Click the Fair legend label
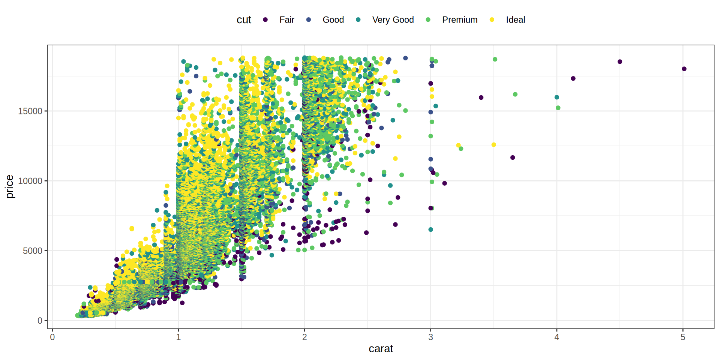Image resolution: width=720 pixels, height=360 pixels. [x=286, y=20]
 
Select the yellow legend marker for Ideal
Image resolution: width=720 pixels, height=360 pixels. [x=492, y=19]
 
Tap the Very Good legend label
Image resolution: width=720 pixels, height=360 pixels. [x=393, y=20]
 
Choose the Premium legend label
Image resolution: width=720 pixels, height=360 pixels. [x=459, y=20]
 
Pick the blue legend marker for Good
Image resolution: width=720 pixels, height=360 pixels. [x=309, y=19]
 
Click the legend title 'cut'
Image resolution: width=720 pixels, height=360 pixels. [x=244, y=20]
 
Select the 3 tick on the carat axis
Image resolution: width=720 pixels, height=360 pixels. [x=430, y=337]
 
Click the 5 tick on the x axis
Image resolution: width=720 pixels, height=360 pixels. [x=683, y=337]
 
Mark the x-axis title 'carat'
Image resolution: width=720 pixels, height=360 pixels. [x=381, y=349]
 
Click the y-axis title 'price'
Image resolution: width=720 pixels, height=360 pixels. [x=10, y=186]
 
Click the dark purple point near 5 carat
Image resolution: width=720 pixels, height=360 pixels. [x=684, y=69]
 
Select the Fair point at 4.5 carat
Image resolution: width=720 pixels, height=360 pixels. [x=620, y=62]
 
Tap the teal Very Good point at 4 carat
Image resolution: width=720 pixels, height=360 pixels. [x=557, y=97]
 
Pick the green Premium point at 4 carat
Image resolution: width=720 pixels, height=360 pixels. [x=558, y=108]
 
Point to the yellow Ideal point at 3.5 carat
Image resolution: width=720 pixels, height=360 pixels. [x=493, y=145]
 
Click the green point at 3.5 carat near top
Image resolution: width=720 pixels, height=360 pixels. [x=495, y=59]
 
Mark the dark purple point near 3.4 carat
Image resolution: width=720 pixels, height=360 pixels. [x=481, y=97]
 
